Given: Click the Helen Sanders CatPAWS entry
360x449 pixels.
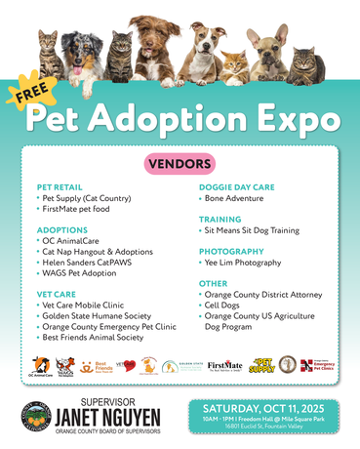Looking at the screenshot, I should tap(94, 263).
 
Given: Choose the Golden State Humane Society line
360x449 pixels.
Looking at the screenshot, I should tap(97, 316).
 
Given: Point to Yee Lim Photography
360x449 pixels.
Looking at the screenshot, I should tap(244, 263).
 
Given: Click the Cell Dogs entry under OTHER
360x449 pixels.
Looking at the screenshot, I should tap(224, 305).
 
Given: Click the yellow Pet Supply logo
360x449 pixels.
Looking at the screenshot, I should tap(260, 366).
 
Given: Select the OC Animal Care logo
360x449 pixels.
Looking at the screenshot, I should tap(40, 367).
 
